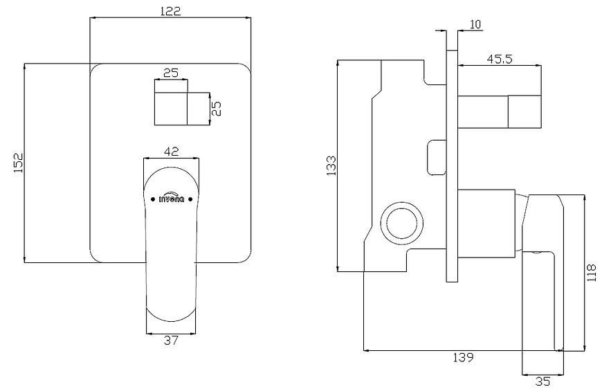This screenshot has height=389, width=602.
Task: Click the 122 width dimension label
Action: (170, 11)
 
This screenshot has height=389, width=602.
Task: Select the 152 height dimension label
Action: (19, 163)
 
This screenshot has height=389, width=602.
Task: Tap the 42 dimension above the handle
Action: (171, 152)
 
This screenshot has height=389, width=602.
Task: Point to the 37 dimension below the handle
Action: (171, 341)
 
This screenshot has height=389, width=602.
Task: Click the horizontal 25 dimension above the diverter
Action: (171, 73)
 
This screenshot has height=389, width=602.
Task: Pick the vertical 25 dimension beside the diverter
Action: (217, 108)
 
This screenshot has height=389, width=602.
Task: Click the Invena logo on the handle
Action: (172, 198)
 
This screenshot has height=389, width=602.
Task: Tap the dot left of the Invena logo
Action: (153, 199)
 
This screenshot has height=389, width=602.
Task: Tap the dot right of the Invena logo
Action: (190, 199)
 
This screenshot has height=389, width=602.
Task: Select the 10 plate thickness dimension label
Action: (475, 24)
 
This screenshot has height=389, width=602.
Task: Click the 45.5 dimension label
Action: (500, 59)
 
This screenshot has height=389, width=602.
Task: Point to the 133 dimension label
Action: (331, 165)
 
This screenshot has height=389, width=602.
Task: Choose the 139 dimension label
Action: (463, 358)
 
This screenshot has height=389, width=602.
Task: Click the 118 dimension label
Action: (592, 273)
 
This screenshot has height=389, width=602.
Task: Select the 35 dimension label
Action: (542, 381)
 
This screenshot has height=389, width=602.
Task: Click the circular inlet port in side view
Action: (402, 223)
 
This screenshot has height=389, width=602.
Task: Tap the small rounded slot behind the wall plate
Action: (437, 158)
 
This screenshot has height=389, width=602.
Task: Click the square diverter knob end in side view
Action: (525, 111)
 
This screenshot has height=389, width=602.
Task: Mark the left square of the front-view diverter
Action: (171, 109)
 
